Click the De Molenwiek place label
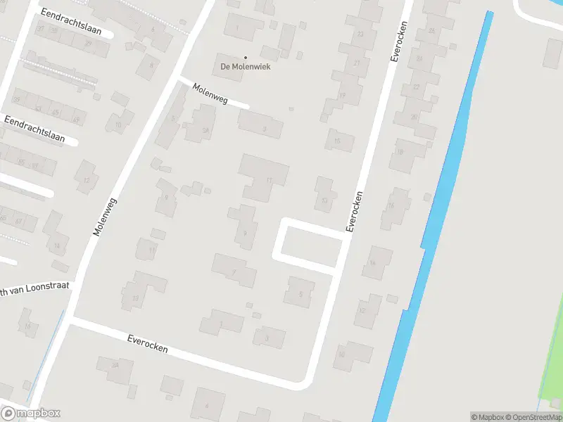[x=246, y=68]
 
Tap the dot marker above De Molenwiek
[x=246, y=57]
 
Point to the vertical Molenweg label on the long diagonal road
[x=103, y=216]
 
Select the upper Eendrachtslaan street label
[x=71, y=23]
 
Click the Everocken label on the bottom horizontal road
[x=148, y=344]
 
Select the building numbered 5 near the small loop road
[x=301, y=292]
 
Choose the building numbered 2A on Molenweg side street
[x=205, y=129]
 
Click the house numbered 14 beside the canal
[x=373, y=263]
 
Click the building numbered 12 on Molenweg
[x=87, y=179]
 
